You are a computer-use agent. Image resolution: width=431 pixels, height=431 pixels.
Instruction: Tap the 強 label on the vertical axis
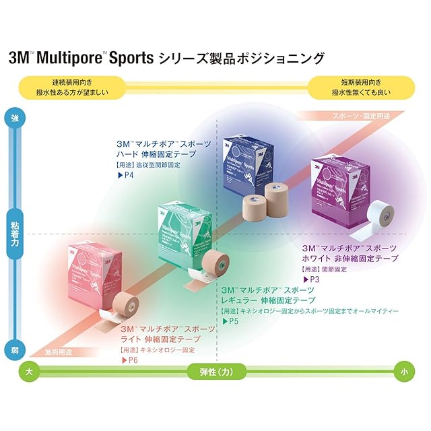(15, 118)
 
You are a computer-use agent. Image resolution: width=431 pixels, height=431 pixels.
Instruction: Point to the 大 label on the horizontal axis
(28, 371)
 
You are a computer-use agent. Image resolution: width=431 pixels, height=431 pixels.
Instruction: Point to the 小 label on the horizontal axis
(402, 371)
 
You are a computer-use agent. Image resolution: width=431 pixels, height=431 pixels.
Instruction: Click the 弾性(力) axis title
(215, 371)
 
